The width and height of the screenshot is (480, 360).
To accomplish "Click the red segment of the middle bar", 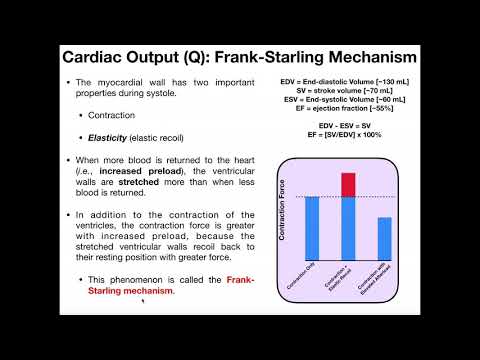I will (349, 185).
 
